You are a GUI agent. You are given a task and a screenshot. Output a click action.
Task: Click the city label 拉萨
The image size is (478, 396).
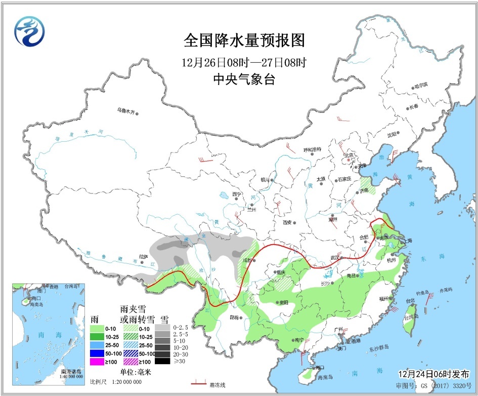pos(144,257)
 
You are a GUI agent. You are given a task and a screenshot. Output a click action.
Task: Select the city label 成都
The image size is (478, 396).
pos(248,260)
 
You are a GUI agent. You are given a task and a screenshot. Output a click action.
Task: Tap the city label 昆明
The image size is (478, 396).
pos(233,318)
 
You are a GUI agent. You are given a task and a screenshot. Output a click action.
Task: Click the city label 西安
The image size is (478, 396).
pos(288,222)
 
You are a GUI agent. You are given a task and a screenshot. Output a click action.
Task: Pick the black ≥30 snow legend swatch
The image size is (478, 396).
pos(162,361)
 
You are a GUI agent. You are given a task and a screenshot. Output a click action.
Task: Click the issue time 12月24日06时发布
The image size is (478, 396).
pos(433,373)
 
